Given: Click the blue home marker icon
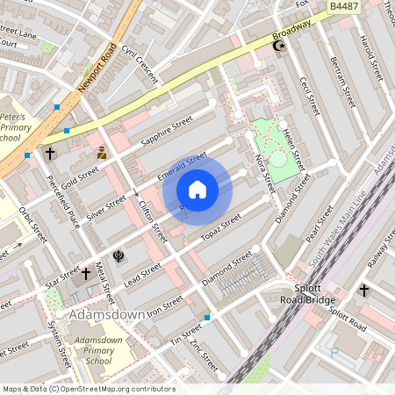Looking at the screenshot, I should pos(197,189).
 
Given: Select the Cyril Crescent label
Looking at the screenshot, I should pos(140,64).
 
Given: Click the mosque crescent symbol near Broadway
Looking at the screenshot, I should pos(281,45).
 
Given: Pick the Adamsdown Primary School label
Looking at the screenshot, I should pos(98,350).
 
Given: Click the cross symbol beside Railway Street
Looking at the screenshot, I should pos(363,289).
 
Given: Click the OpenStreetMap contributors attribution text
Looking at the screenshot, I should pos(87,389).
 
